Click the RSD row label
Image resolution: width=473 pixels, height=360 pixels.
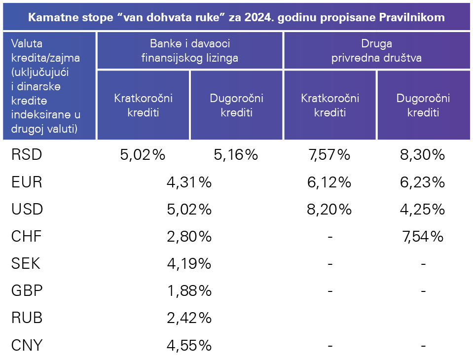point(27,155)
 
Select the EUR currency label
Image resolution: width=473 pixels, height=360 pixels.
point(27,182)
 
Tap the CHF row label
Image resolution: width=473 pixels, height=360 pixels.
point(27,237)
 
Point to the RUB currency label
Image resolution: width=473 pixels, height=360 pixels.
point(27,318)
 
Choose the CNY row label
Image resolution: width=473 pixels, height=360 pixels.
point(27,345)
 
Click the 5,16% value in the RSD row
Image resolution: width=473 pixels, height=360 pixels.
point(236,155)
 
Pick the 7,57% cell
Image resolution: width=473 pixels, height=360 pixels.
point(329,155)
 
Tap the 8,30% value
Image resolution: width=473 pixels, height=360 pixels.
point(423,155)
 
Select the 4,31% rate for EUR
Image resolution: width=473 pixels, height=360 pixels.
point(189,182)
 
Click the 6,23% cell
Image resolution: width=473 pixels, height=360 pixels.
point(423,182)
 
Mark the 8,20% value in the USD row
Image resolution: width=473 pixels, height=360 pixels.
point(329,210)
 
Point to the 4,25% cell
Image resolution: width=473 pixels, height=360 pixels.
point(423,210)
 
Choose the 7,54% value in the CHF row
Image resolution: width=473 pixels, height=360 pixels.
point(423,237)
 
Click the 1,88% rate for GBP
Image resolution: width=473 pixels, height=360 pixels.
point(189,291)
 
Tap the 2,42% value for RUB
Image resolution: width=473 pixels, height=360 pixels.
point(189,318)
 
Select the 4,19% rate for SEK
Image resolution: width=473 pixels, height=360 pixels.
point(189,264)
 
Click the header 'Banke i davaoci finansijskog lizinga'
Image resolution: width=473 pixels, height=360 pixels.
point(189,50)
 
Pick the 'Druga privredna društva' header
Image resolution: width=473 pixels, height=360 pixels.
point(376,50)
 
